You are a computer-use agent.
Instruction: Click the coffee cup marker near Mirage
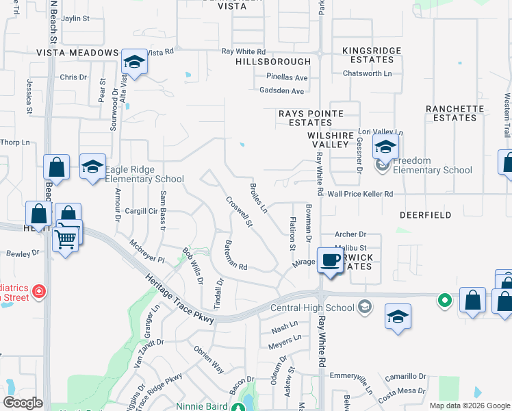[x=331, y=261]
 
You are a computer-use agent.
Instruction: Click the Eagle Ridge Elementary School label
[x=145, y=174]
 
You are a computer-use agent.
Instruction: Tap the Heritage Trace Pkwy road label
[x=180, y=299]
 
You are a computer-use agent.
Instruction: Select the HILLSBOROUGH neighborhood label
[x=273, y=62]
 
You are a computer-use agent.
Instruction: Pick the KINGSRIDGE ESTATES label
[x=368, y=55]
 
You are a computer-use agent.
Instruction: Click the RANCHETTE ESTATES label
[x=450, y=113]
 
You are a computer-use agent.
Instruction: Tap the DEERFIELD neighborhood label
[x=426, y=215]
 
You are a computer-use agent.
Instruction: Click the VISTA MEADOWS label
[x=77, y=53]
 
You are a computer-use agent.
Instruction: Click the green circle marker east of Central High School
[x=444, y=299]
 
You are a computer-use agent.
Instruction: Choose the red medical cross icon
[x=39, y=291]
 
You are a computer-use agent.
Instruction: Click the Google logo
[x=23, y=403]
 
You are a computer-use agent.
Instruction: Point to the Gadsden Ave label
[x=281, y=91]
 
